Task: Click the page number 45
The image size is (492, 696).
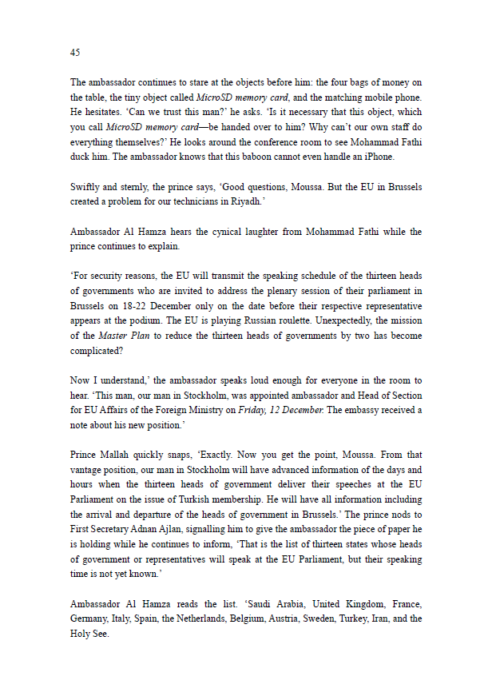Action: click(x=75, y=52)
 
